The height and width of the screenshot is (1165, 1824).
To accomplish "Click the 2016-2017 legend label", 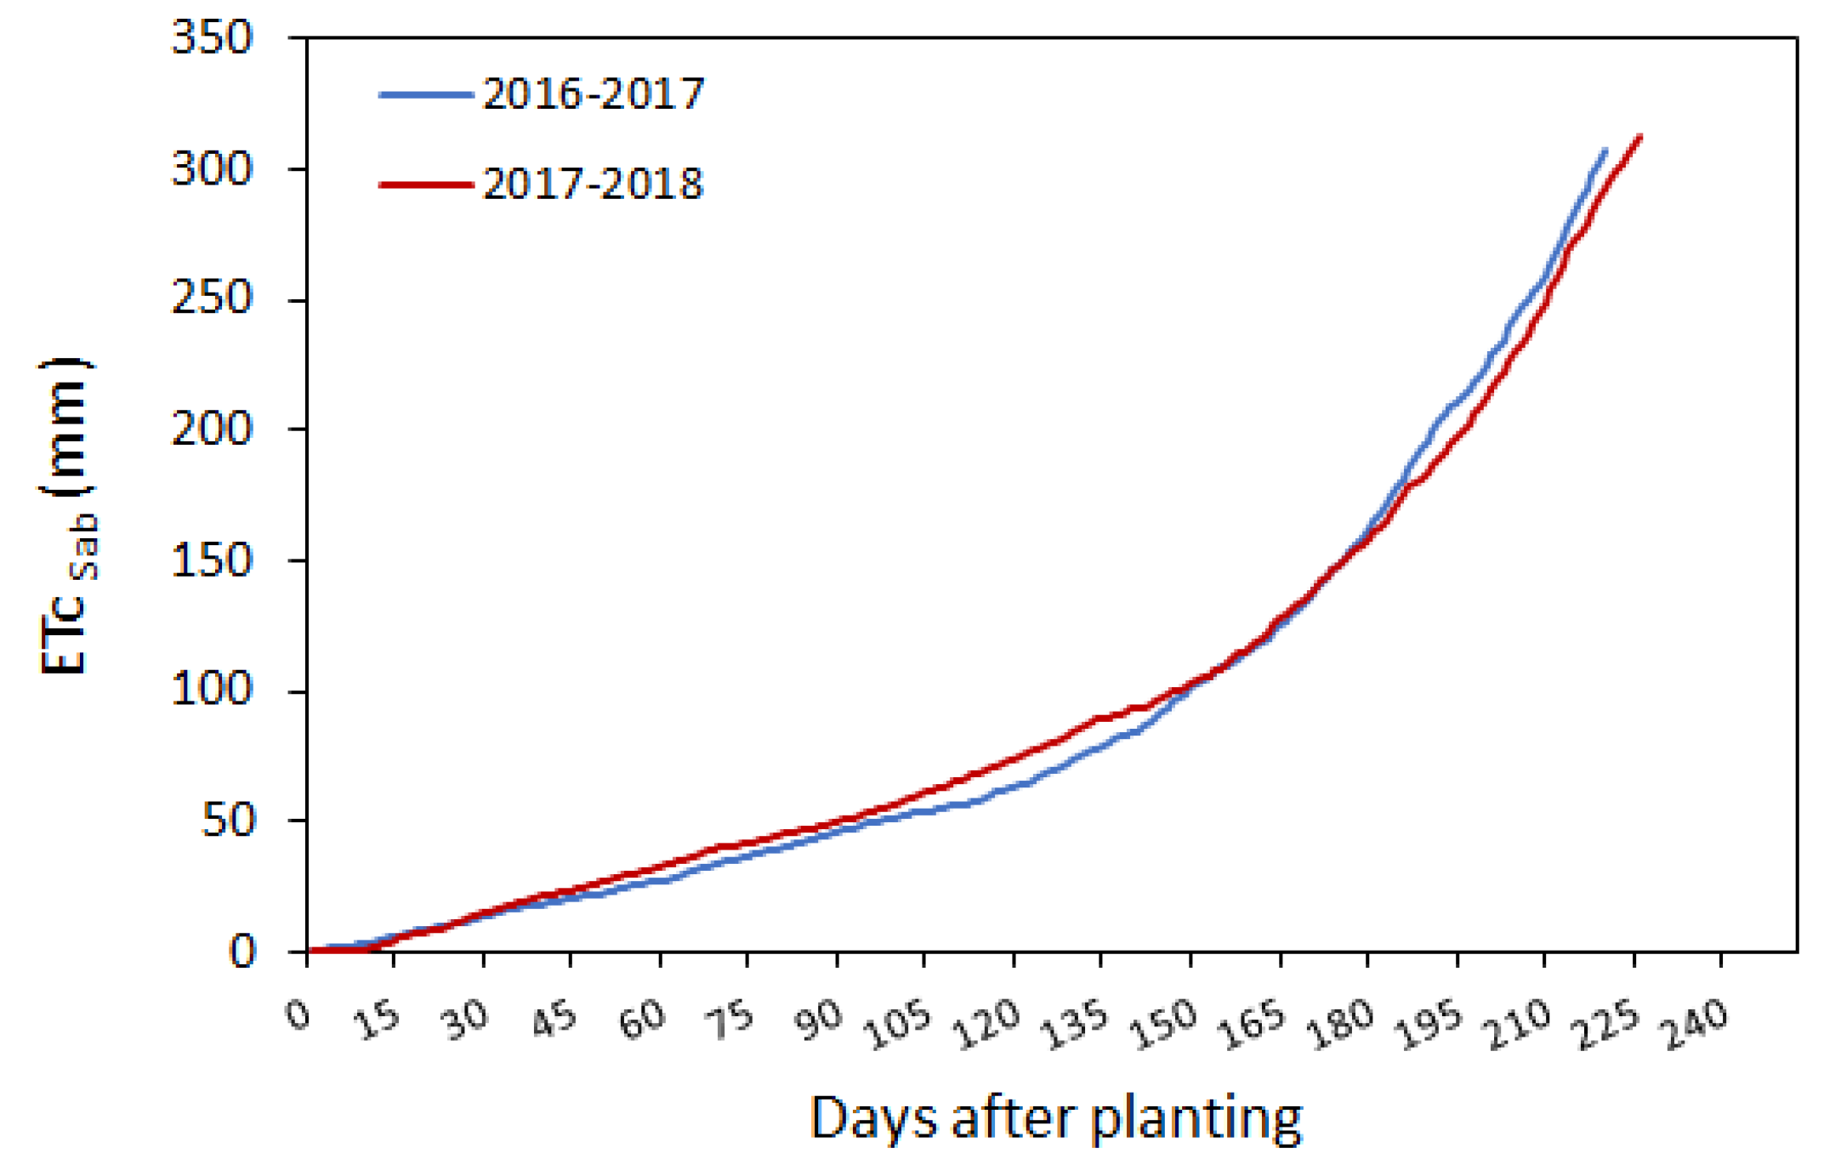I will [594, 93].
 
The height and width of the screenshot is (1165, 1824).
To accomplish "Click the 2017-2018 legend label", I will [594, 184].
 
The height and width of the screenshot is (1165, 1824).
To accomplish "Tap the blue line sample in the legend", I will [425, 94].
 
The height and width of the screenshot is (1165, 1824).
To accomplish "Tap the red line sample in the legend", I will [425, 185].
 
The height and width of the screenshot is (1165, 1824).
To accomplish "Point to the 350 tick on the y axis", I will [213, 38].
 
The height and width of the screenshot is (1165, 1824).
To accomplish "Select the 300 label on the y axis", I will [213, 169].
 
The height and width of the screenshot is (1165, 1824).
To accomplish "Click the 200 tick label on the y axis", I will [213, 429].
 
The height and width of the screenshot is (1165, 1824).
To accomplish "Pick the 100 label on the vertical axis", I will [213, 689].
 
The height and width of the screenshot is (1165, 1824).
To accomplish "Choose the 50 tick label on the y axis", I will [228, 821].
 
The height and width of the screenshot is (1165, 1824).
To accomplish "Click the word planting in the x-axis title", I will [1196, 1119].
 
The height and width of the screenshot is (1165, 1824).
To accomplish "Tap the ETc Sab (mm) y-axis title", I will [66, 516].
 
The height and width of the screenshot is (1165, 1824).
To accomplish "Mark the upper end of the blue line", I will [1605, 150].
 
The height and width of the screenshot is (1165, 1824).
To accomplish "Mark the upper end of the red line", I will [1639, 136].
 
